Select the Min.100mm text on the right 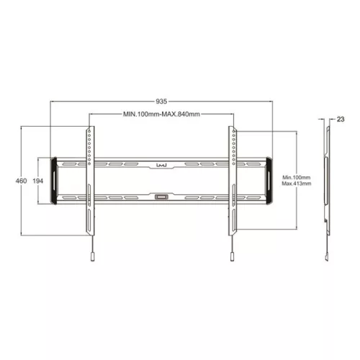(x=296, y=176)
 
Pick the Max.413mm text (x=296, y=184)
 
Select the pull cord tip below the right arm (x=232, y=256)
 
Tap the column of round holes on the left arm (x=89, y=151)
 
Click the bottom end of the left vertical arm (x=90, y=234)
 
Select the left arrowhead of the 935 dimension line (x=52, y=102)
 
